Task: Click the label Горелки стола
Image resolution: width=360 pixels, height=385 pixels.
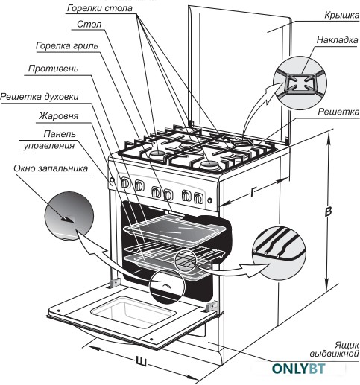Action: point(100,8)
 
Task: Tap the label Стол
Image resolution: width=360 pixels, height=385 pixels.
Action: point(89,25)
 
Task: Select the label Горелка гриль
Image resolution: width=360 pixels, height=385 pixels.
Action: point(67,46)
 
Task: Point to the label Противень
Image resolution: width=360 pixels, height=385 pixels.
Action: point(53,69)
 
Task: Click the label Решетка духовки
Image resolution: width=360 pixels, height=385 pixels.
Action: point(40,97)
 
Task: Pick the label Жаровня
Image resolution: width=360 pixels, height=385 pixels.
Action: point(59,116)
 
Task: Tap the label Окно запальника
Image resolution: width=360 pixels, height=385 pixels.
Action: point(51,168)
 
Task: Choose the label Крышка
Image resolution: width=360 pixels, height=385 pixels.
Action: point(342,16)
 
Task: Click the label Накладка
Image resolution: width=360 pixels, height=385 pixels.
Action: point(338,40)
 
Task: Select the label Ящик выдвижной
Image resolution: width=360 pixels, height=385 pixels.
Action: point(335,349)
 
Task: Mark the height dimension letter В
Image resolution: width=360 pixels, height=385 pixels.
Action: point(329,211)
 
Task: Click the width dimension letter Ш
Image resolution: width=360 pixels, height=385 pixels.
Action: point(141,361)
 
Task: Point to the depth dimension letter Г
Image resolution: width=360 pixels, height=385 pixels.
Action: point(253,192)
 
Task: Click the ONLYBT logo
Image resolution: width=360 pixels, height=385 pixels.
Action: point(298,369)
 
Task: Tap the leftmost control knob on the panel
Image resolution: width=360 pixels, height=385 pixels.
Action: point(126,183)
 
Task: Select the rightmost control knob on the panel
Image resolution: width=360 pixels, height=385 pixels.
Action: point(198,198)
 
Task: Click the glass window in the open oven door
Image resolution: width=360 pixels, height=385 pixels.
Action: point(131,311)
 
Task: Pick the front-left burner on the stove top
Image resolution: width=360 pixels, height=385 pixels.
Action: point(157,154)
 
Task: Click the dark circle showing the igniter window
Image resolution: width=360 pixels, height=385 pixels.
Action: point(69,216)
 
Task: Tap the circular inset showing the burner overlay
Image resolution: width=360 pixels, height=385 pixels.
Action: point(300,83)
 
